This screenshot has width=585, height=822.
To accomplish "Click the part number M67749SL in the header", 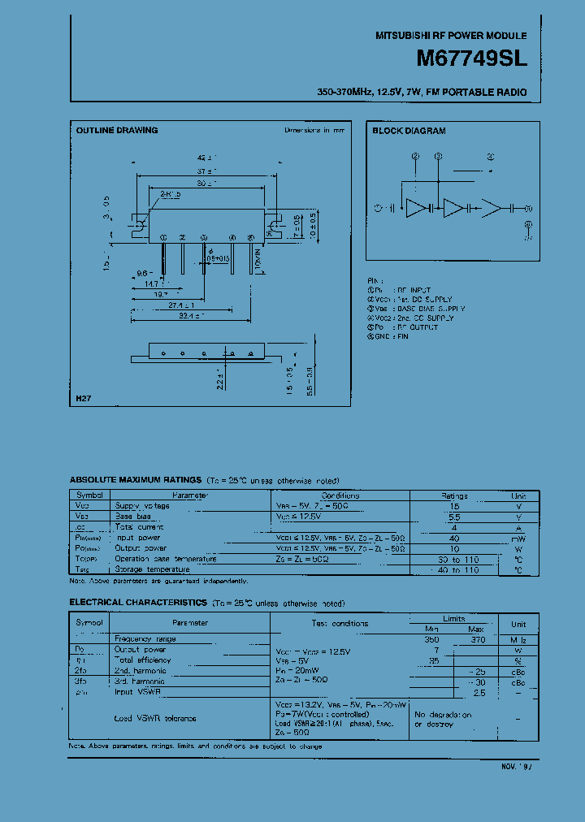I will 471,59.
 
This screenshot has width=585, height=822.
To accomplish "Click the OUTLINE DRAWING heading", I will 117,130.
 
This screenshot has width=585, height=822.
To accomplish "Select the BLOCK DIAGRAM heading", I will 409,131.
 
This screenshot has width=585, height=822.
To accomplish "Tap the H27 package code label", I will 84,399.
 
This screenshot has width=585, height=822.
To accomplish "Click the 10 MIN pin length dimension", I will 257,261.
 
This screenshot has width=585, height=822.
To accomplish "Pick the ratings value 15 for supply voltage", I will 454,506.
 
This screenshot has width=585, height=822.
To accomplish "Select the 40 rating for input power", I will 454,538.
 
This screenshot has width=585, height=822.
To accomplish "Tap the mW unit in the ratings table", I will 518,538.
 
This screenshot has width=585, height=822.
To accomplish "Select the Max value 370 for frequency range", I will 478,639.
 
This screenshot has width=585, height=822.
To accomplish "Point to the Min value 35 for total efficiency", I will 434,660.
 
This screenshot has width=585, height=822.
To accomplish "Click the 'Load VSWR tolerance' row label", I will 155,718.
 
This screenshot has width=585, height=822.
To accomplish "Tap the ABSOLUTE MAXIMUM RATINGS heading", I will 136,481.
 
